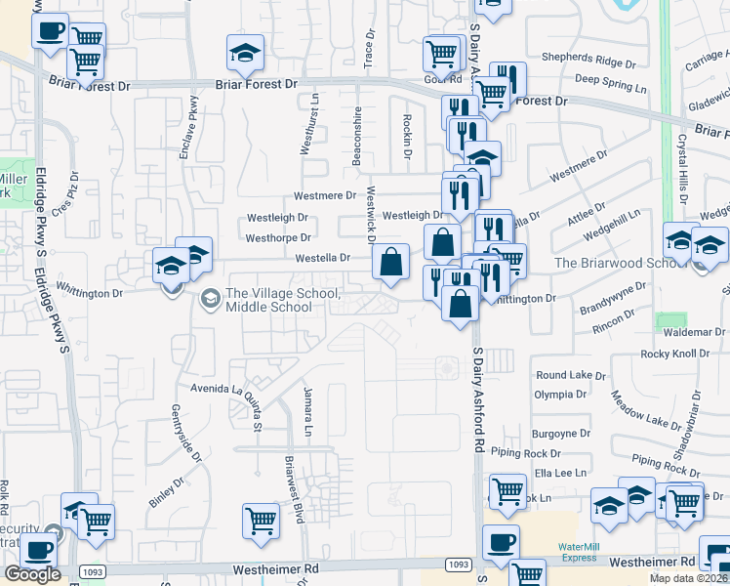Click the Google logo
32,574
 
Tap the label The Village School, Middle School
269,300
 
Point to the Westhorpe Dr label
278,237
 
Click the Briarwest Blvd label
290,481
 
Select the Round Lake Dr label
565,375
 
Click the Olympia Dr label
560,395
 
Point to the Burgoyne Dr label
561,433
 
